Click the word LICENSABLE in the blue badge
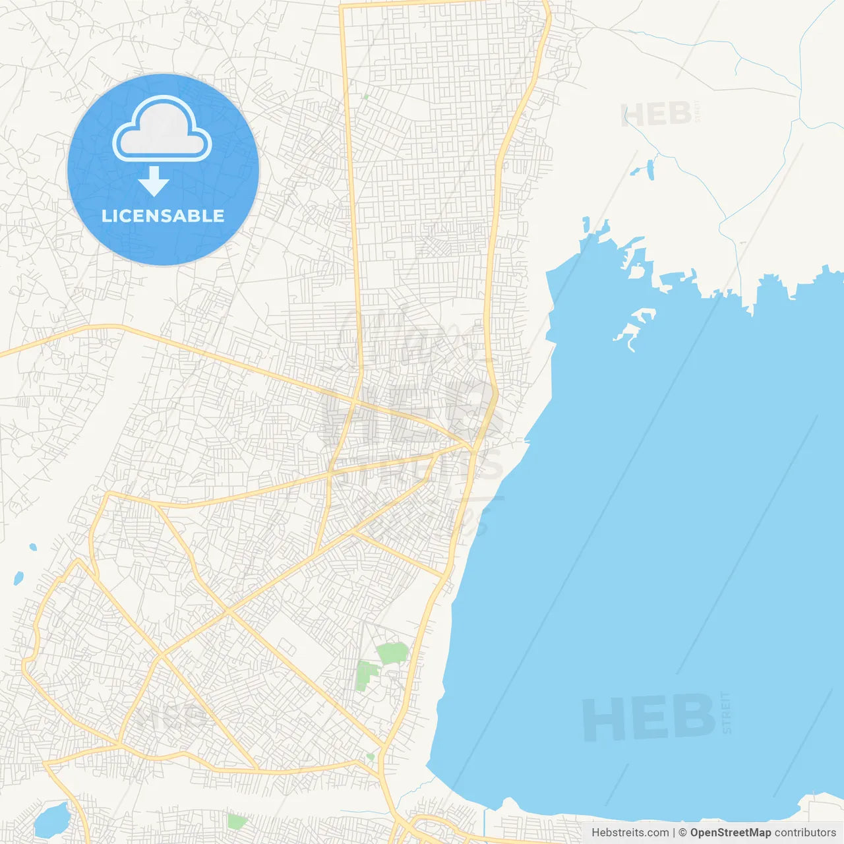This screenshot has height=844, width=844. pos(163,216)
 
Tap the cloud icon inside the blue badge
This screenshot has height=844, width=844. pos(162,131)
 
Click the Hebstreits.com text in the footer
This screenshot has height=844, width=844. pos(630,833)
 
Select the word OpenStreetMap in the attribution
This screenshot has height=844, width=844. pos(730,833)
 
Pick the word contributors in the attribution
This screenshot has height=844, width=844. pos(804,833)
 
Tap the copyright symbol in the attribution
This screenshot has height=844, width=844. pos(682,833)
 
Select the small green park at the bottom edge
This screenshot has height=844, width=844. pos(237,822)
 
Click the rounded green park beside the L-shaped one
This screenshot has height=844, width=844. pos(393,653)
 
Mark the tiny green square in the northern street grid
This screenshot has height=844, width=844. pos(365,97)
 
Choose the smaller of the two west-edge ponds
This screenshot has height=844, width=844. pos(33,547)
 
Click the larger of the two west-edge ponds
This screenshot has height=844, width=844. pos(18,578)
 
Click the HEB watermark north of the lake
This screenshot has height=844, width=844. pos(656,115)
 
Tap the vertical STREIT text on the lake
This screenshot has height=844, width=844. pos(727,712)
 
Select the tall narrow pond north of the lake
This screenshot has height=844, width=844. pos(651,169)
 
